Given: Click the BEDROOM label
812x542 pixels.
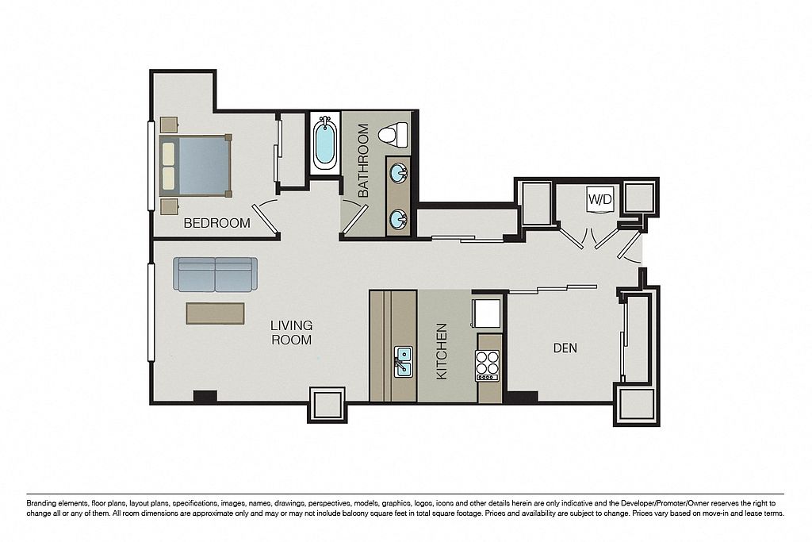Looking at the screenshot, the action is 217,223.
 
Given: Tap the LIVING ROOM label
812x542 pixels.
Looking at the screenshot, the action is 292,333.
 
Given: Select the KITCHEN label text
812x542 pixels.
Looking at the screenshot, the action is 442,352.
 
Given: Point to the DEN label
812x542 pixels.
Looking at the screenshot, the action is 565,348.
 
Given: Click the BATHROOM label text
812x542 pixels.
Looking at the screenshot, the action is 362,160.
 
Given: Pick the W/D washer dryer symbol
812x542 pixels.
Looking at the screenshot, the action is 600,199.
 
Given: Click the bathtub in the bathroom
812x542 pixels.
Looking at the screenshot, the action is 324,144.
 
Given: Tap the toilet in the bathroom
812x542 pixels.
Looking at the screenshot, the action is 394,135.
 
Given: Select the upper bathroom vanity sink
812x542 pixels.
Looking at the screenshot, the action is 399,173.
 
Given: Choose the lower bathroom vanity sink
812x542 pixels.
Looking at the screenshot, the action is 399,219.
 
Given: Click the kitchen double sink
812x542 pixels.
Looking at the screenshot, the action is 403,362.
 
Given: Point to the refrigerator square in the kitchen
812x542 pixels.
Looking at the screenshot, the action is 486,313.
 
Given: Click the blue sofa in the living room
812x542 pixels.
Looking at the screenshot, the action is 215,275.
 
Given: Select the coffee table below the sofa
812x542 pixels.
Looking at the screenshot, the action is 215,313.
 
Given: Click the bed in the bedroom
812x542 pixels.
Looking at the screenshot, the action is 195,165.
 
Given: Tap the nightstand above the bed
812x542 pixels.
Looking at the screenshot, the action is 170,125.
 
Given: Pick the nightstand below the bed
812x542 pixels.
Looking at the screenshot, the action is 170,206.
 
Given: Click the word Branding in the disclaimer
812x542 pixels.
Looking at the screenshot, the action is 40,503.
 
